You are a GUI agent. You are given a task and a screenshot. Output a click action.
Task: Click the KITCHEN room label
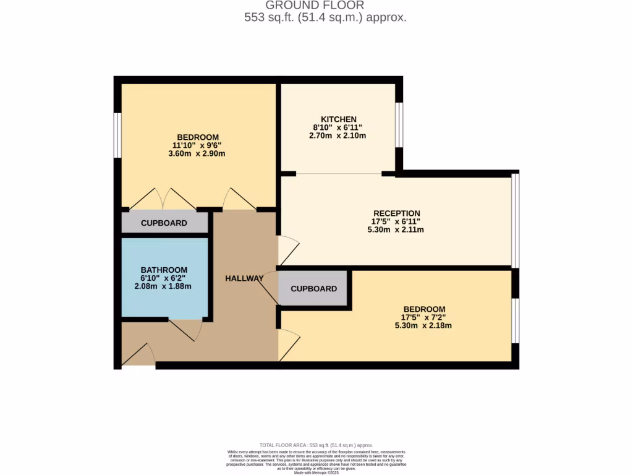[338, 119]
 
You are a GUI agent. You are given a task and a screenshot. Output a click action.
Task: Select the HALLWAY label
[244, 278]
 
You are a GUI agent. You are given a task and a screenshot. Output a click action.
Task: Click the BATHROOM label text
[164, 270]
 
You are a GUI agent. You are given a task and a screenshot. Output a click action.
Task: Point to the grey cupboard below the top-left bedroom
[164, 223]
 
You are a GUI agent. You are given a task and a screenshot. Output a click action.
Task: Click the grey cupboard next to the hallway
[313, 288]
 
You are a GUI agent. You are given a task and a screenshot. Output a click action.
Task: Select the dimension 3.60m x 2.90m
[197, 153]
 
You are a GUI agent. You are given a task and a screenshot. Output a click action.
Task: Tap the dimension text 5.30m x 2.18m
[423, 325]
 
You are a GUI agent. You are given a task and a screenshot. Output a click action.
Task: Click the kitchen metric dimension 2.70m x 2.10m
[338, 135]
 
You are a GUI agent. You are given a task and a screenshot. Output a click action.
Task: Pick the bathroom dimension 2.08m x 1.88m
[164, 286]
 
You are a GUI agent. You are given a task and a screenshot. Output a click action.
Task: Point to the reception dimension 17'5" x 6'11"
[395, 221]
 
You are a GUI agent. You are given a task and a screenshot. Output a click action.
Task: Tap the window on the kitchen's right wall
[399, 124]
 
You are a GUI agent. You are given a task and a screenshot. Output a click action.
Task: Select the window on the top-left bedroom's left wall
[117, 135]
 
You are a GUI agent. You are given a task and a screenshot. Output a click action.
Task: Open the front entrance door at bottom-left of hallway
[138, 356]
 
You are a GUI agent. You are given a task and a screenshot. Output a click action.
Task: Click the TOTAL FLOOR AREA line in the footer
[316, 445]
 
